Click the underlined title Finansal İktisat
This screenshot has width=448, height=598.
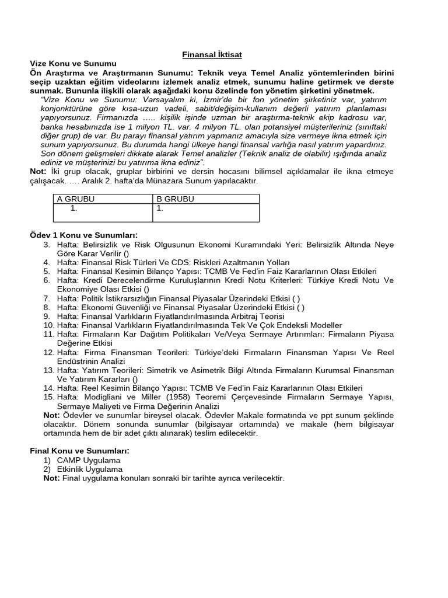tap(212, 54)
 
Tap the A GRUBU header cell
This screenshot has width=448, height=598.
tap(75, 199)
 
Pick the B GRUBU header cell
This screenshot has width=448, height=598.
tap(175, 199)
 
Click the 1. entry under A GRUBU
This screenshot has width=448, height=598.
tap(73, 208)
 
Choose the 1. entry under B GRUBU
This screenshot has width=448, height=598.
tap(160, 208)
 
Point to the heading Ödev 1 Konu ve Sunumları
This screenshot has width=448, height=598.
tap(83, 235)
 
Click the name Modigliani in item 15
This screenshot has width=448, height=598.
tap(107, 397)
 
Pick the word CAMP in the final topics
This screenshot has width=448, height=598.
tap(69, 460)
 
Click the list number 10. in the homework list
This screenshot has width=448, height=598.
tap(49, 325)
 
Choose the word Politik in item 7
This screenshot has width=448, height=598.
tap(93, 298)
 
